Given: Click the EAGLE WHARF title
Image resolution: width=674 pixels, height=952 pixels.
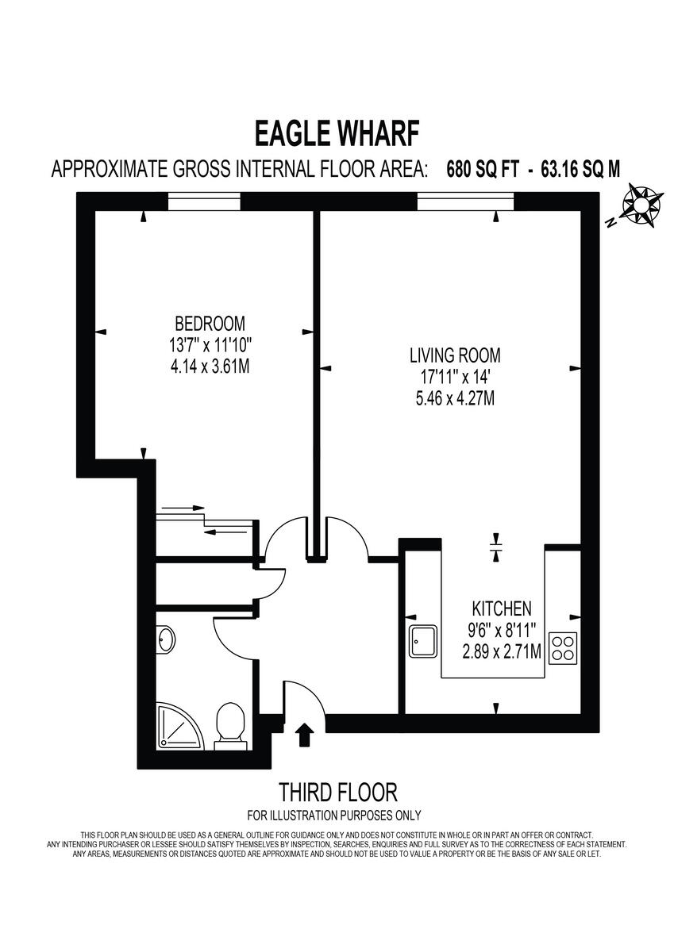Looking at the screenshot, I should (x=337, y=133).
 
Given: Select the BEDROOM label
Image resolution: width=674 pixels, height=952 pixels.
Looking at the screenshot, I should (x=210, y=324).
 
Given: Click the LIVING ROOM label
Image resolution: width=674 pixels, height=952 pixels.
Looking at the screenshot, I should (x=455, y=356).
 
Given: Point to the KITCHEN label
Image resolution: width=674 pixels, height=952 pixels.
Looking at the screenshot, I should (x=502, y=609).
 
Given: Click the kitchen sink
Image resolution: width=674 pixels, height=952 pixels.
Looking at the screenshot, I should (x=423, y=641).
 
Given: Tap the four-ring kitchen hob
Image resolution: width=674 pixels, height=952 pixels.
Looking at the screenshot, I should (x=564, y=647).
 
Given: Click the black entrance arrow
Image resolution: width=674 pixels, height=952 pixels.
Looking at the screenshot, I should (x=302, y=735).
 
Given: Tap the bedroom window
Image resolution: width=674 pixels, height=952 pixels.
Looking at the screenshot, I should (x=204, y=203).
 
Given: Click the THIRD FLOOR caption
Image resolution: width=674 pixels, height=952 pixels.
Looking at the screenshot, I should (x=337, y=792).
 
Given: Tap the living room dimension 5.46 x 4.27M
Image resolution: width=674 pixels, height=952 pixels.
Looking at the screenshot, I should (x=455, y=398).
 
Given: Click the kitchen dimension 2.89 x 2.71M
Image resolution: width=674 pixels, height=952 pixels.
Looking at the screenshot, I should (x=502, y=652).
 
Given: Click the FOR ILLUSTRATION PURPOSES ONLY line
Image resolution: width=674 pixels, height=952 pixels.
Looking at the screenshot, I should (x=334, y=816).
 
